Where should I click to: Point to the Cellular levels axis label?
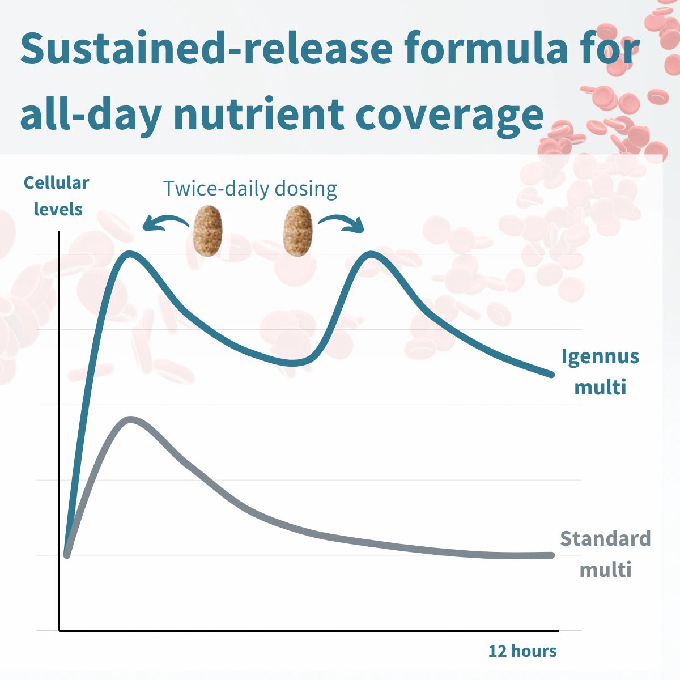click(x=57, y=196)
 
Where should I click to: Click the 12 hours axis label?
click(x=522, y=651)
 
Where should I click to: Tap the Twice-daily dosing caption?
click(x=250, y=188)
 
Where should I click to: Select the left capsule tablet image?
click(x=208, y=231)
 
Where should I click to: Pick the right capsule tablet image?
click(x=298, y=231)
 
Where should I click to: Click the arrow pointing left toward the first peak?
click(x=164, y=223)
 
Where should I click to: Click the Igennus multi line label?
click(x=600, y=372)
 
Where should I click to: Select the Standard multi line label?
click(x=605, y=554)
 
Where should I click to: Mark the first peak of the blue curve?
click(x=130, y=253)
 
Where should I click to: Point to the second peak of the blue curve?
click(x=372, y=253)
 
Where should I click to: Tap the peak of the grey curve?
click(x=130, y=420)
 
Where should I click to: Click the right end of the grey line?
click(x=551, y=555)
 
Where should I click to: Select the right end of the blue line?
click(x=551, y=375)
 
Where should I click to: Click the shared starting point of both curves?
click(x=67, y=555)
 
